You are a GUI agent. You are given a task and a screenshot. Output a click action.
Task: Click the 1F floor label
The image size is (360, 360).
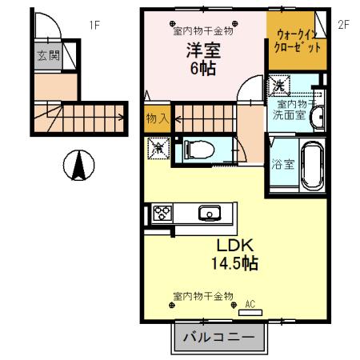click(x=94, y=25)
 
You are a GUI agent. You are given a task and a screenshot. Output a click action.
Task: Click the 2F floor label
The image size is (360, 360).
click(x=344, y=25)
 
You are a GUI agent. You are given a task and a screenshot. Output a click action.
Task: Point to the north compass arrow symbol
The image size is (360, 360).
click(x=78, y=166)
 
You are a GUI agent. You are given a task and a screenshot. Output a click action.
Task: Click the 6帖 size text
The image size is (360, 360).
click(x=203, y=70)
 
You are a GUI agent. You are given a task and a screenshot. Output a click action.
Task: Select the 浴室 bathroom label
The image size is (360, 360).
click(x=280, y=165)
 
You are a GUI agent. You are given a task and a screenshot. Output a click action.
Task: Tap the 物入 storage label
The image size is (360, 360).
click(x=157, y=118)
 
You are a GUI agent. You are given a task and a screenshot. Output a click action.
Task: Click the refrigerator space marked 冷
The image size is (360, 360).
click(x=158, y=147)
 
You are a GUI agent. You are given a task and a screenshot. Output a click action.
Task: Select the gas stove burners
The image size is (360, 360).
click(x=162, y=214)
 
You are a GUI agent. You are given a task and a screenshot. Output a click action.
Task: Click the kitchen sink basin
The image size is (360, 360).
click(x=210, y=213)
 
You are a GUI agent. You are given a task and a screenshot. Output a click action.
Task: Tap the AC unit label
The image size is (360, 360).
click(x=250, y=303)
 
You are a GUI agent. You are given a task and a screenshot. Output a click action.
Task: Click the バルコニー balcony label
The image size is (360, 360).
click(x=218, y=338)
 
